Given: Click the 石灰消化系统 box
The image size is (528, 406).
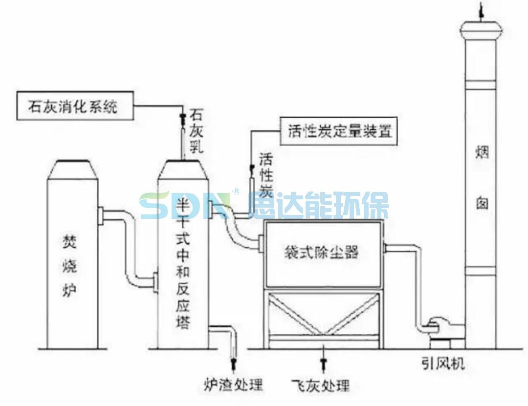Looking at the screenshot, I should [x=75, y=106].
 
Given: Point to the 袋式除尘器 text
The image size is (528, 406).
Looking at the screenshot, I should [x=322, y=252].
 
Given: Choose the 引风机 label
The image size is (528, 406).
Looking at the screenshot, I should [x=443, y=363].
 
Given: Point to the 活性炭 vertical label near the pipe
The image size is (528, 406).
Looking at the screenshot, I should [x=265, y=174].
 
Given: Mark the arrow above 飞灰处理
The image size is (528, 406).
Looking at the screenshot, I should [x=323, y=363].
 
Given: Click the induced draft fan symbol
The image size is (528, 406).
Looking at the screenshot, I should [x=439, y=327].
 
